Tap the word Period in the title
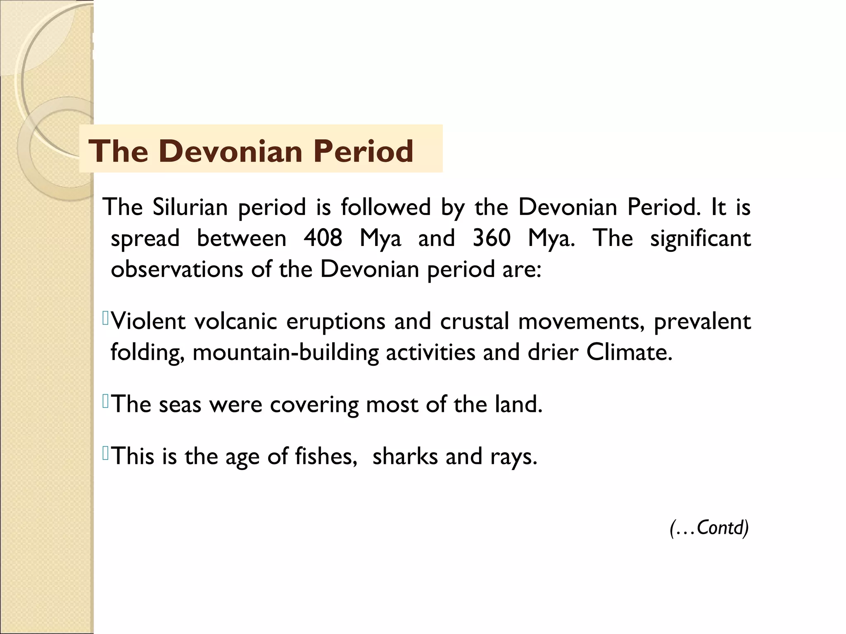pos(363,151)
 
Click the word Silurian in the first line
pos(190,207)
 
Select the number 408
pos(323,238)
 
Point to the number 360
pos(492,238)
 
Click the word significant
pos(700,238)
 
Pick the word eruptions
pos(335,322)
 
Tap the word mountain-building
pos(285,353)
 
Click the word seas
pos(180,405)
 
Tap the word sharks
pos(405,457)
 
